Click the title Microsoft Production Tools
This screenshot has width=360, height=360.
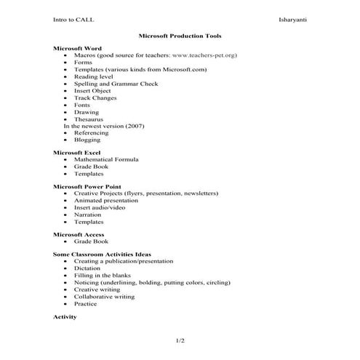tap(180, 35)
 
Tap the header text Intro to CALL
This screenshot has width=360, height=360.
tap(73, 19)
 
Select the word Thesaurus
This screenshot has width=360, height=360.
tap(89, 119)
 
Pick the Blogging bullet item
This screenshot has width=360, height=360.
tap(88, 140)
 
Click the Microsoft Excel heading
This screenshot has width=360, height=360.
tap(77, 153)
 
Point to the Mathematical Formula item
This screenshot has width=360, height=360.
tap(106, 159)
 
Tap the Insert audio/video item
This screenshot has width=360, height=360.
tap(100, 207)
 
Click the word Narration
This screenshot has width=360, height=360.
tap(88, 215)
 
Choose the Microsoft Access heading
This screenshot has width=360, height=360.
tap(79, 235)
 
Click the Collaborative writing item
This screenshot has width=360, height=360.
tap(104, 297)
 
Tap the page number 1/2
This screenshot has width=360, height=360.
tap(180, 340)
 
